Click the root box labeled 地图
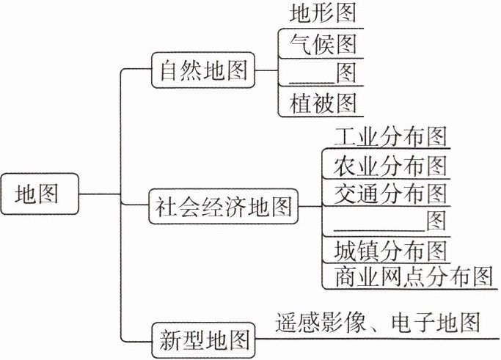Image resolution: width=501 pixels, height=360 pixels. pyautogui.click(x=37, y=194)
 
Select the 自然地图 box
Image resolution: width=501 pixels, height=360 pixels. pyautogui.click(x=201, y=72)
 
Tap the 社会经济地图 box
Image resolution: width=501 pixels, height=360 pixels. pyautogui.click(x=223, y=207)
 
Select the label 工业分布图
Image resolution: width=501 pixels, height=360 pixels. pyautogui.click(x=390, y=136)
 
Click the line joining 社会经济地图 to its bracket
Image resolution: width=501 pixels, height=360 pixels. pyautogui.click(x=309, y=207)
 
